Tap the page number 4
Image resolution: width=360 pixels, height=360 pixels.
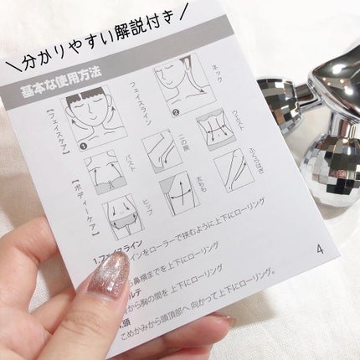[319, 249]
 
